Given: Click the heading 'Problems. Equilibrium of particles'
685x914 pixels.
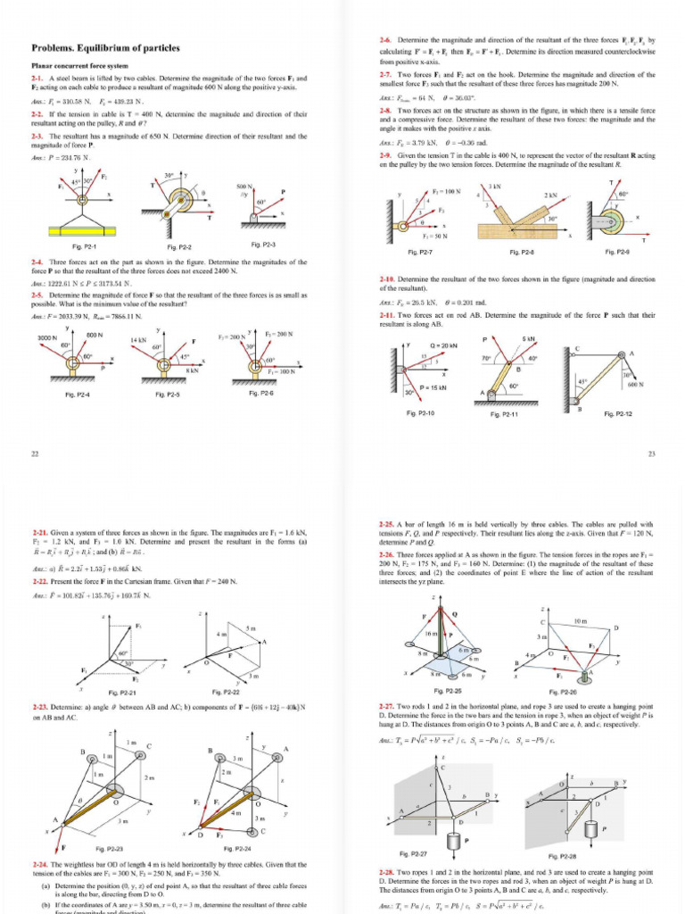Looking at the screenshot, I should tap(105, 48).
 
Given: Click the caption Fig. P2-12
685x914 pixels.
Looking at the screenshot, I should tap(618, 413).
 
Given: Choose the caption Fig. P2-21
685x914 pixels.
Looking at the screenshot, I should tap(122, 692).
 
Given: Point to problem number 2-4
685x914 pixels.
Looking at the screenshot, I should tap(38, 262).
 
